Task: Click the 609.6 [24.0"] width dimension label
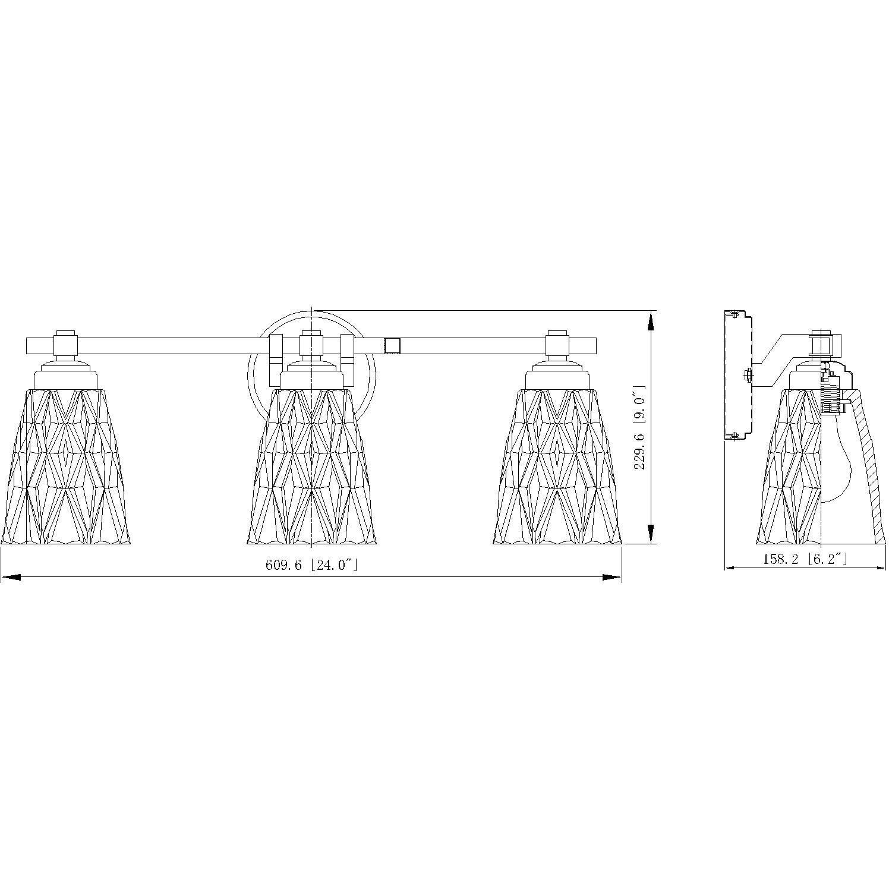pos(311,565)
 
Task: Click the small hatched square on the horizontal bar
pos(392,345)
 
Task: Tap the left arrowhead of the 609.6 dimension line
pos(11,577)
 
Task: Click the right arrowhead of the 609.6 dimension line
pos(612,577)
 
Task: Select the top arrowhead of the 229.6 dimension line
pos(651,321)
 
